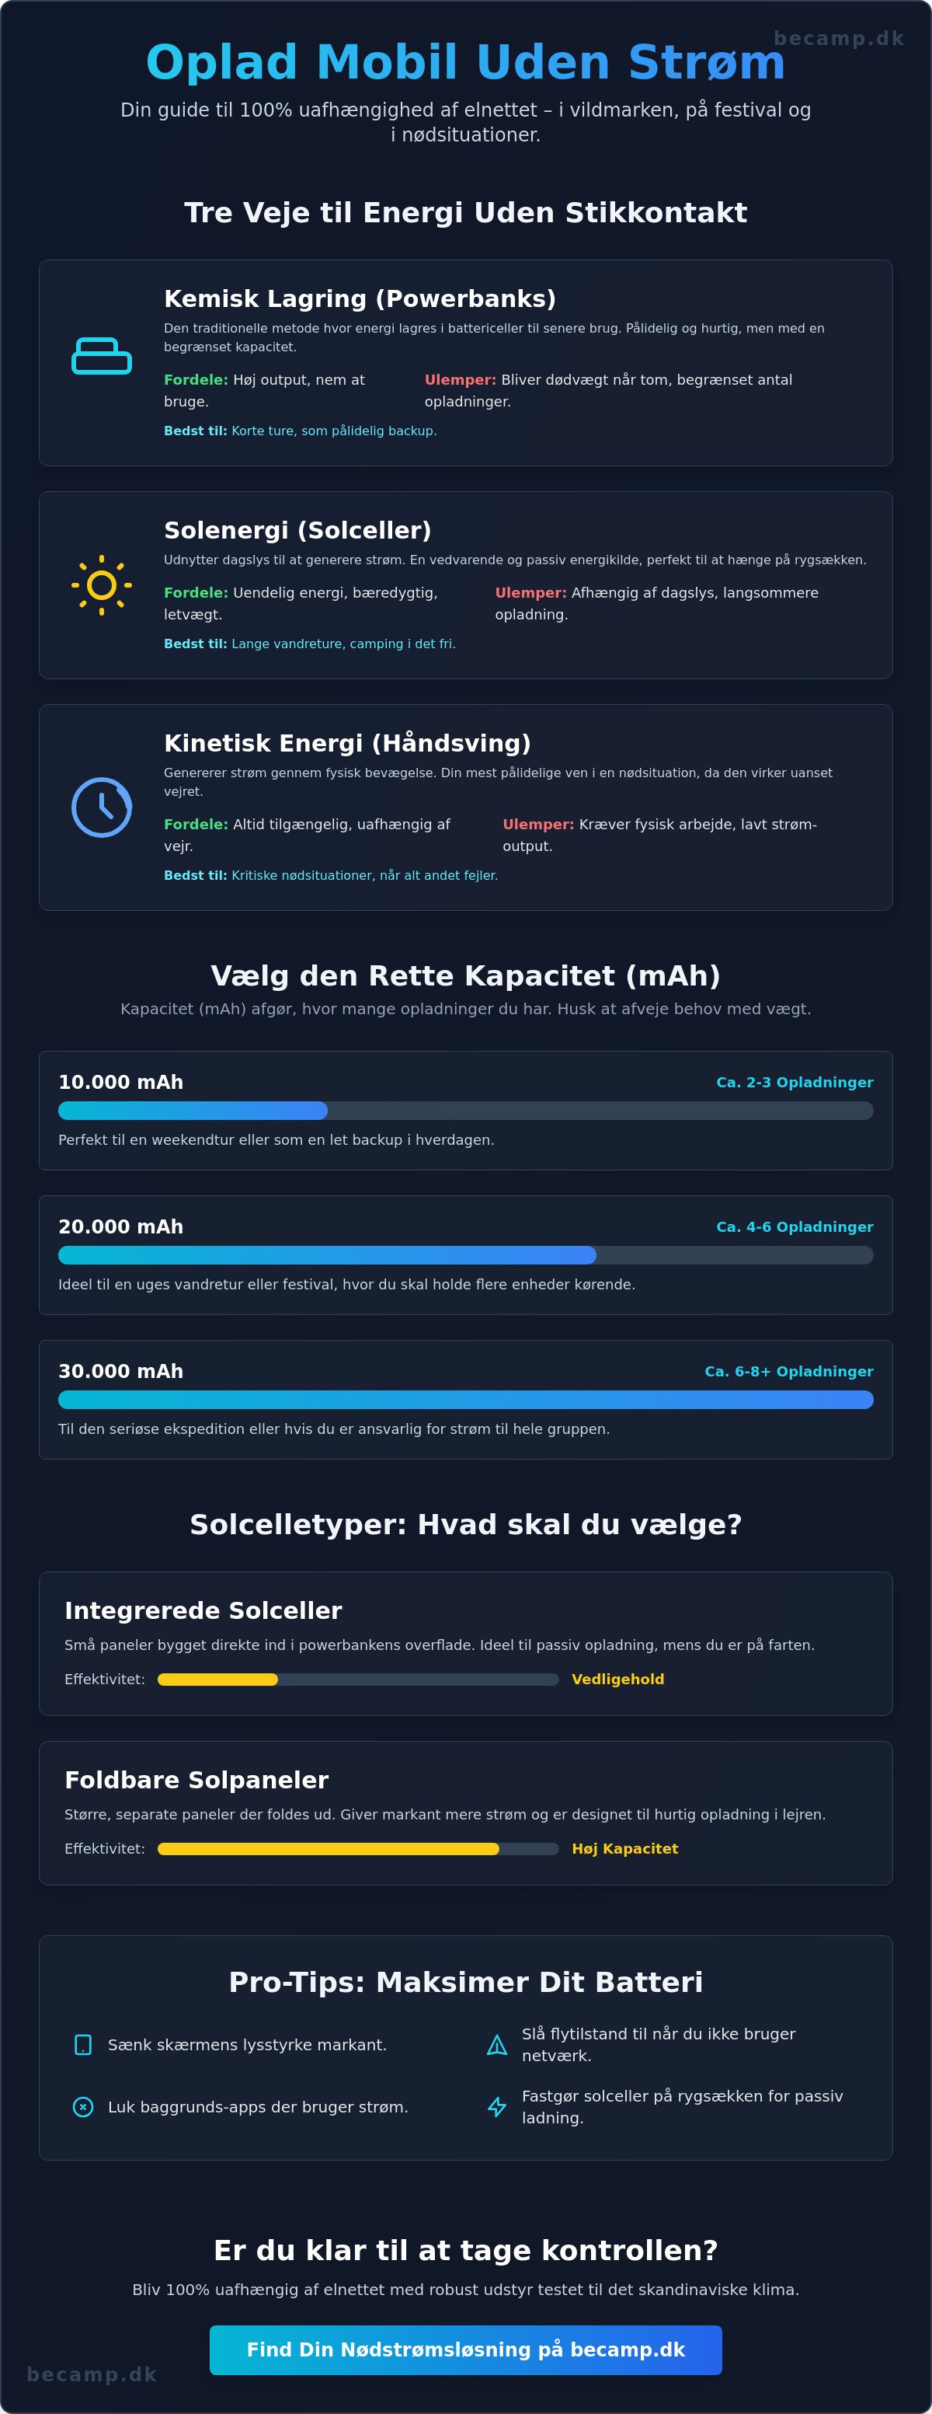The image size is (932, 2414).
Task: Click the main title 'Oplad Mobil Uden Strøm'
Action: pos(465,62)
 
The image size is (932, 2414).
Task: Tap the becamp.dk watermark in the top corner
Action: pos(838,38)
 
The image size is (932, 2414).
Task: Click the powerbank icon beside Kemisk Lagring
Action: pos(102,356)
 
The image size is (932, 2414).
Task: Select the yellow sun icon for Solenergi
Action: pos(101,586)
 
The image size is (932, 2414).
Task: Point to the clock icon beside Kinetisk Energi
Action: pos(101,807)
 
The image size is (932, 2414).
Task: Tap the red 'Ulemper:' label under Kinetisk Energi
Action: pos(538,825)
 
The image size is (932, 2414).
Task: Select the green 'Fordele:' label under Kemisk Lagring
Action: pos(196,379)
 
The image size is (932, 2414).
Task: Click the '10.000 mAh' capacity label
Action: pos(121,1083)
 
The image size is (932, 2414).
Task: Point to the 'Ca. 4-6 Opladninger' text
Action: pos(795,1226)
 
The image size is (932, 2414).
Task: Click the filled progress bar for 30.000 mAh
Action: pos(465,1399)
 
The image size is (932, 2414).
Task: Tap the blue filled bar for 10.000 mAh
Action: pos(193,1111)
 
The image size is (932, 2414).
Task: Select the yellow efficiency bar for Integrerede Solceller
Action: pos(217,1680)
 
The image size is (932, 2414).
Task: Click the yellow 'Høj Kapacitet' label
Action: pos(624,1849)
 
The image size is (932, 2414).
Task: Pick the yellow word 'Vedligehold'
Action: pos(618,1680)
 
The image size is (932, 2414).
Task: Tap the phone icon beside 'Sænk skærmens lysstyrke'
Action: pos(83,2045)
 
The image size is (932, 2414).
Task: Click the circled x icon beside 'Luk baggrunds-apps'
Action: pos(83,2107)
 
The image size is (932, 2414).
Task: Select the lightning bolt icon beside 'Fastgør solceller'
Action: pos(497,2107)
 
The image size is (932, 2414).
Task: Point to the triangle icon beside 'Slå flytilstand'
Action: pos(497,2045)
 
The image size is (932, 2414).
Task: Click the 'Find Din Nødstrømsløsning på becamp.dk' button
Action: pos(465,2349)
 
